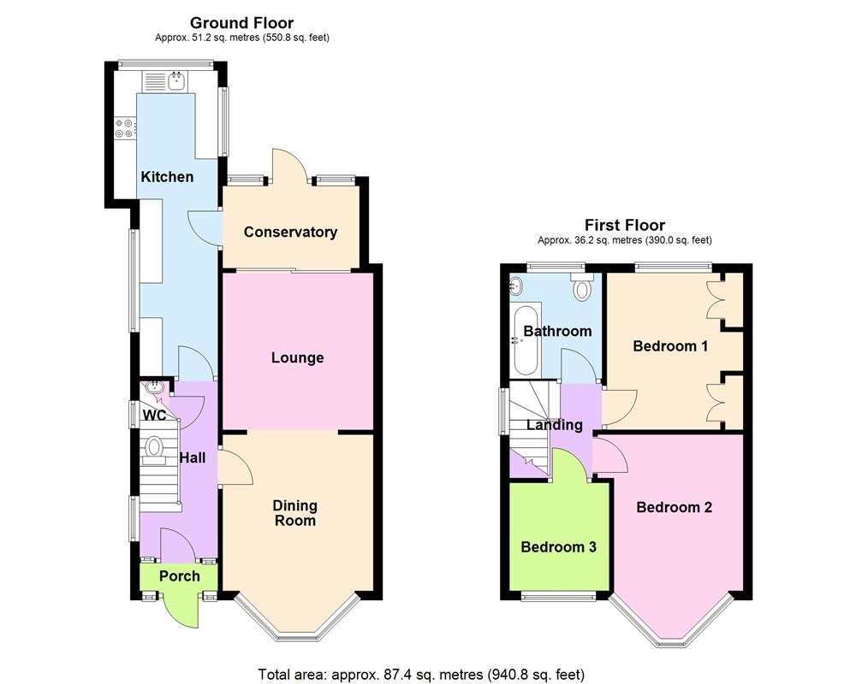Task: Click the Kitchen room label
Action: (167, 177)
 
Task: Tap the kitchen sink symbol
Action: (175, 82)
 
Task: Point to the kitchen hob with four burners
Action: (124, 128)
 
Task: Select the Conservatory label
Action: (290, 232)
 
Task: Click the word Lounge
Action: (297, 357)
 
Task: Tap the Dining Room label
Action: (294, 513)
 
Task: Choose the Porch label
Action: (180, 575)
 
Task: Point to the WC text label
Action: (155, 416)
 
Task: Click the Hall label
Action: (193, 457)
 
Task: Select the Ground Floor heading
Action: (241, 23)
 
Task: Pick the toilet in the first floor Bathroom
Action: (583, 288)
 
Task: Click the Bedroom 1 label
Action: (670, 346)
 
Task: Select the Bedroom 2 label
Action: (674, 507)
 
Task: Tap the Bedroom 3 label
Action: (558, 547)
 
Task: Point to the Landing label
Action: (554, 425)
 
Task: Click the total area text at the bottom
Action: (421, 674)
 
